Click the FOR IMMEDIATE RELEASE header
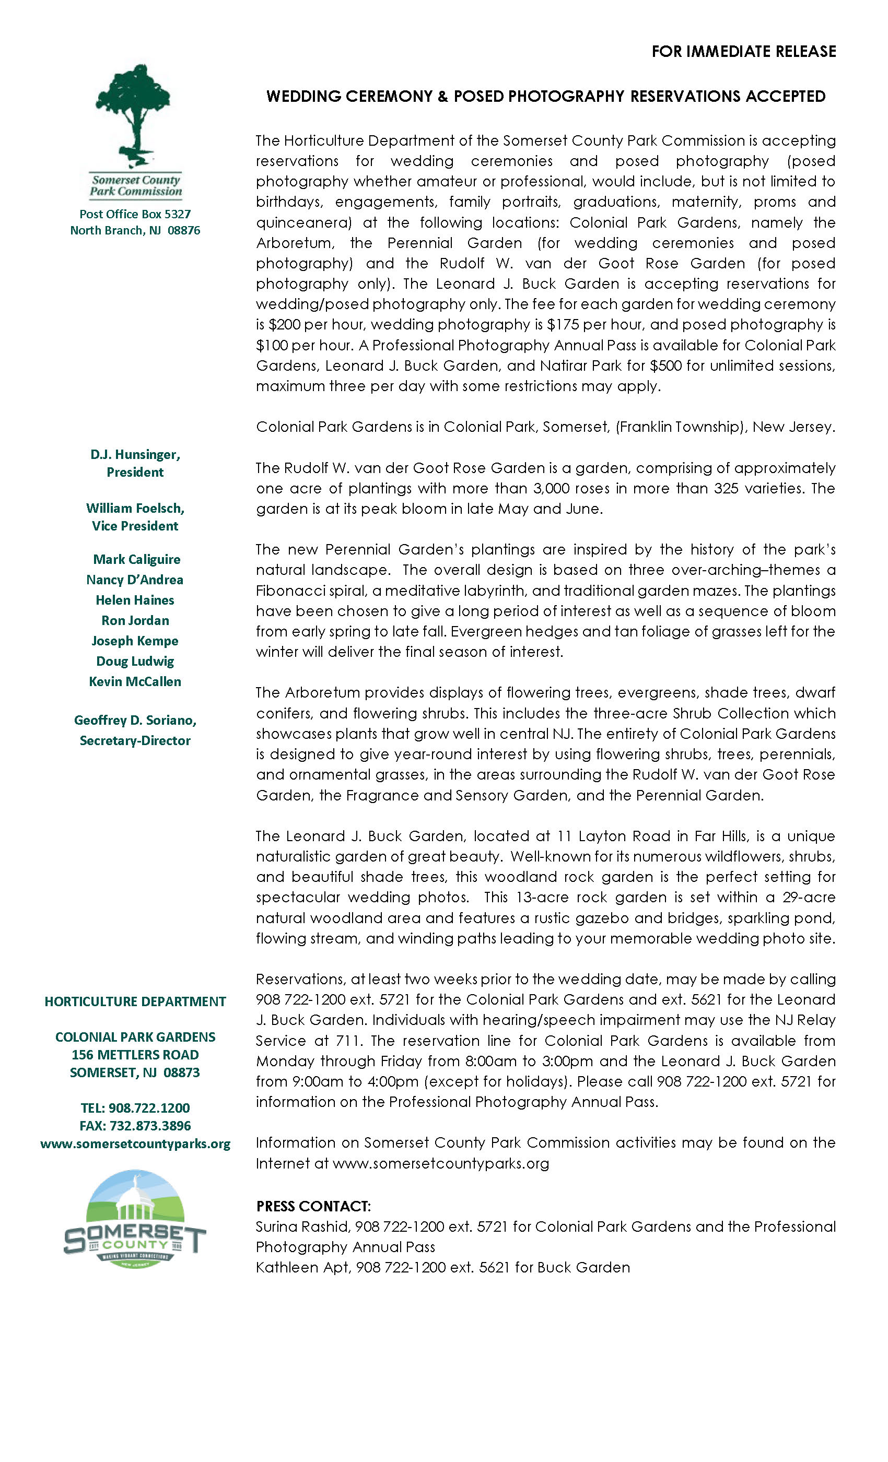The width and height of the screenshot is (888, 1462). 743,52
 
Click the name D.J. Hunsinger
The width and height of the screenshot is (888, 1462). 135,454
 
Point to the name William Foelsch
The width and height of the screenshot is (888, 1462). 135,508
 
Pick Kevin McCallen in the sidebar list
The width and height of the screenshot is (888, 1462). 135,681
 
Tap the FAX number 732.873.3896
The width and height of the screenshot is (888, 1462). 135,1126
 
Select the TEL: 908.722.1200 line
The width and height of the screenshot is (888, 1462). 135,1108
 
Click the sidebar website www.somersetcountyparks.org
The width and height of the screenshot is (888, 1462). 135,1143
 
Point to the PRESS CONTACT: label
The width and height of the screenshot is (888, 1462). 313,1206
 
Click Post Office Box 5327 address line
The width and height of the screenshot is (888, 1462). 135,214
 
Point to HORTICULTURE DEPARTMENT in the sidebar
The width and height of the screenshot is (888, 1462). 135,1001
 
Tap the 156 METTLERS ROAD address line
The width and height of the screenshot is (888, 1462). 135,1054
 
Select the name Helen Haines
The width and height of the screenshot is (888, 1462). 135,600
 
